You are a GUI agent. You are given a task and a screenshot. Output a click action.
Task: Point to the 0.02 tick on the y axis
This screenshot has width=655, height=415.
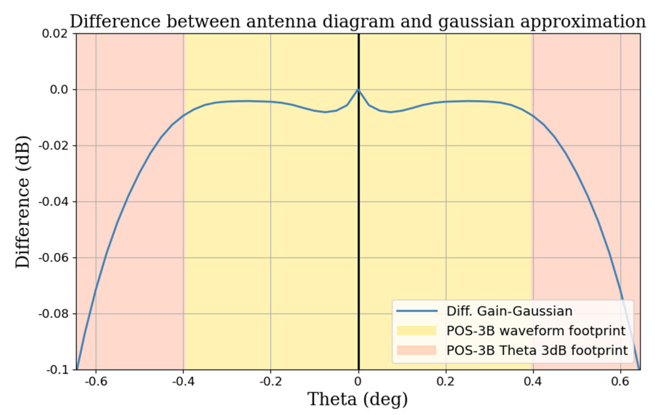pos(55,34)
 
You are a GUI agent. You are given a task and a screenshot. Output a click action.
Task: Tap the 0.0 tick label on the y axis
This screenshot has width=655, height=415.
pos(59,90)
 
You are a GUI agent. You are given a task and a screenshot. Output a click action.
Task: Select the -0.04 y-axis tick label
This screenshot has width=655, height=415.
pos(53,202)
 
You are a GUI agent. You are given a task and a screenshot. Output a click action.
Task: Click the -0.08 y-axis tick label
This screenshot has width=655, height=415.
pos(53,314)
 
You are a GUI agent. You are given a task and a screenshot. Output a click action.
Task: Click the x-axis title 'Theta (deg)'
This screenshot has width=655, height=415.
pos(358,400)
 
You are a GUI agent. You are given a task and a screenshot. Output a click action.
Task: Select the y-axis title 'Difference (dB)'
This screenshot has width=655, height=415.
pos(23,202)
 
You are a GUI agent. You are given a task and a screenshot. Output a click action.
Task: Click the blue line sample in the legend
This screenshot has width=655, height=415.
pos(416,311)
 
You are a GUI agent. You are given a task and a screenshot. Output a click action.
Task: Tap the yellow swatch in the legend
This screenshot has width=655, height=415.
pos(416,331)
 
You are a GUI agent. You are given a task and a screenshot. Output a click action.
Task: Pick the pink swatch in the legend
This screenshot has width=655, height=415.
pos(416,350)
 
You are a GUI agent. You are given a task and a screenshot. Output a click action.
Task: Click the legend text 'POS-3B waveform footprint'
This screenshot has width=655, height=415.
pos(536,331)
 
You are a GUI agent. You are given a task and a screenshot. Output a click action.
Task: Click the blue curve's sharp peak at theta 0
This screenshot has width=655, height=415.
pos(358,90)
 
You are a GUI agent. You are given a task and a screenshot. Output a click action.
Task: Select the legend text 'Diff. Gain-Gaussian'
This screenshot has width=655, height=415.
pos(509,311)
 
